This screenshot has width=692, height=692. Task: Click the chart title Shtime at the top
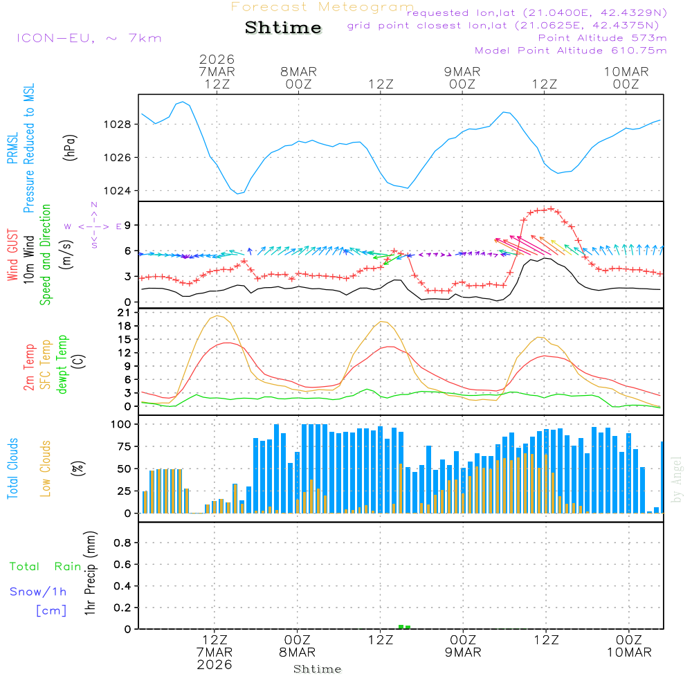click(x=283, y=28)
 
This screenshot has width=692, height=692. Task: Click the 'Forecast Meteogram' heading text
click(x=322, y=7)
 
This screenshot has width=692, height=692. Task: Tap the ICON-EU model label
click(x=89, y=38)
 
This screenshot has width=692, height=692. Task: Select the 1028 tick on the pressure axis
click(x=118, y=125)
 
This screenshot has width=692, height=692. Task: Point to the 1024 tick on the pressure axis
click(x=118, y=191)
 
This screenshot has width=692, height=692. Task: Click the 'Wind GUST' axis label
click(x=13, y=255)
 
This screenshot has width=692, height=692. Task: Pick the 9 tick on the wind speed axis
click(x=128, y=225)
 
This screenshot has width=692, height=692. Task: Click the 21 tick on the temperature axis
click(x=125, y=313)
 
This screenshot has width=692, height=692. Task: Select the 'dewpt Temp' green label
click(x=62, y=365)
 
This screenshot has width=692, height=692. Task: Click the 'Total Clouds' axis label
click(x=13, y=468)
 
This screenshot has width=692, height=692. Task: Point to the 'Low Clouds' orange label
click(x=46, y=467)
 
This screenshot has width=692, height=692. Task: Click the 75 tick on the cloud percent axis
click(x=125, y=446)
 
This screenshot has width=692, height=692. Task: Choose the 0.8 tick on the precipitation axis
click(x=122, y=543)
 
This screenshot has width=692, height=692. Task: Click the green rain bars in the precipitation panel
click(x=405, y=627)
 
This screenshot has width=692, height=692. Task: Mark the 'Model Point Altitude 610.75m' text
click(x=571, y=51)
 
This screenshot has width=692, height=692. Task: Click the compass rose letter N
click(x=94, y=206)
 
